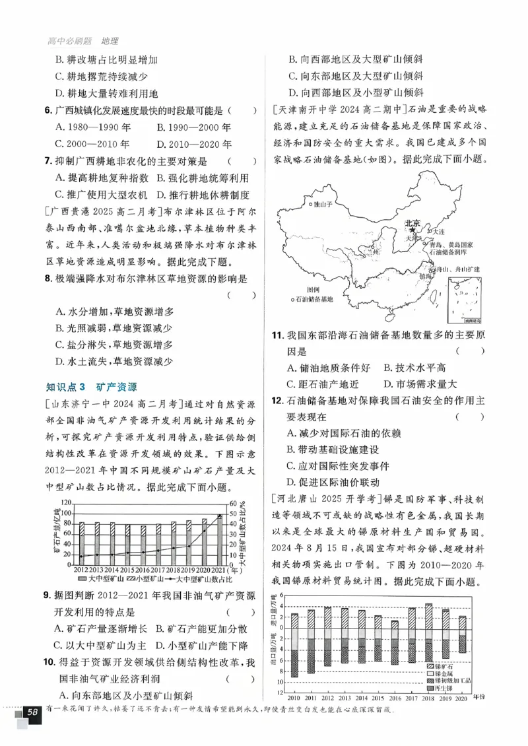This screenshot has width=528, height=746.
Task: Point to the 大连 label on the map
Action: point(439,232)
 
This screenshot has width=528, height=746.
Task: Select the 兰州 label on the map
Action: point(374,252)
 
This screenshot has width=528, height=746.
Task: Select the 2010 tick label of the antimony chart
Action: point(294,697)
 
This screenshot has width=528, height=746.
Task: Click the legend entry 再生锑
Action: point(450,689)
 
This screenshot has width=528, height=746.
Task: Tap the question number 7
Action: point(48,161)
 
